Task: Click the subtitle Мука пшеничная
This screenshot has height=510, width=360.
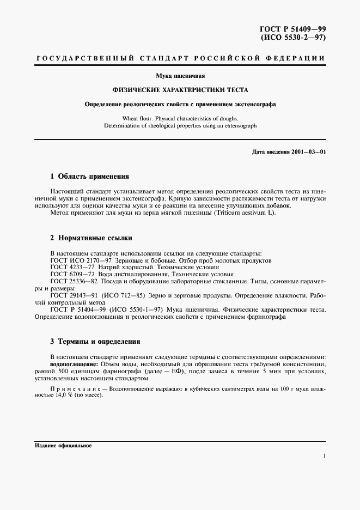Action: [x=180, y=76]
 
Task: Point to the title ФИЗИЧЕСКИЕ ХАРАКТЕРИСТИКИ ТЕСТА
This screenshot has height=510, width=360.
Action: [x=180, y=90]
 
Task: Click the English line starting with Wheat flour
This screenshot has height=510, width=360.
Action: [x=180, y=118]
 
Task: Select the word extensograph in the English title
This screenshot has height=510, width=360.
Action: [x=238, y=125]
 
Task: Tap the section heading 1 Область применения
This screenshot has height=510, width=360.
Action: [x=89, y=177]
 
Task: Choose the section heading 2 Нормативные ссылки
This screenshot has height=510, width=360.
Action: [x=91, y=239]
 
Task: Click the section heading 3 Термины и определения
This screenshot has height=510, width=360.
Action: [x=95, y=342]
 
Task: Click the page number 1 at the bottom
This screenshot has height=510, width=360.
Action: [x=324, y=457]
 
